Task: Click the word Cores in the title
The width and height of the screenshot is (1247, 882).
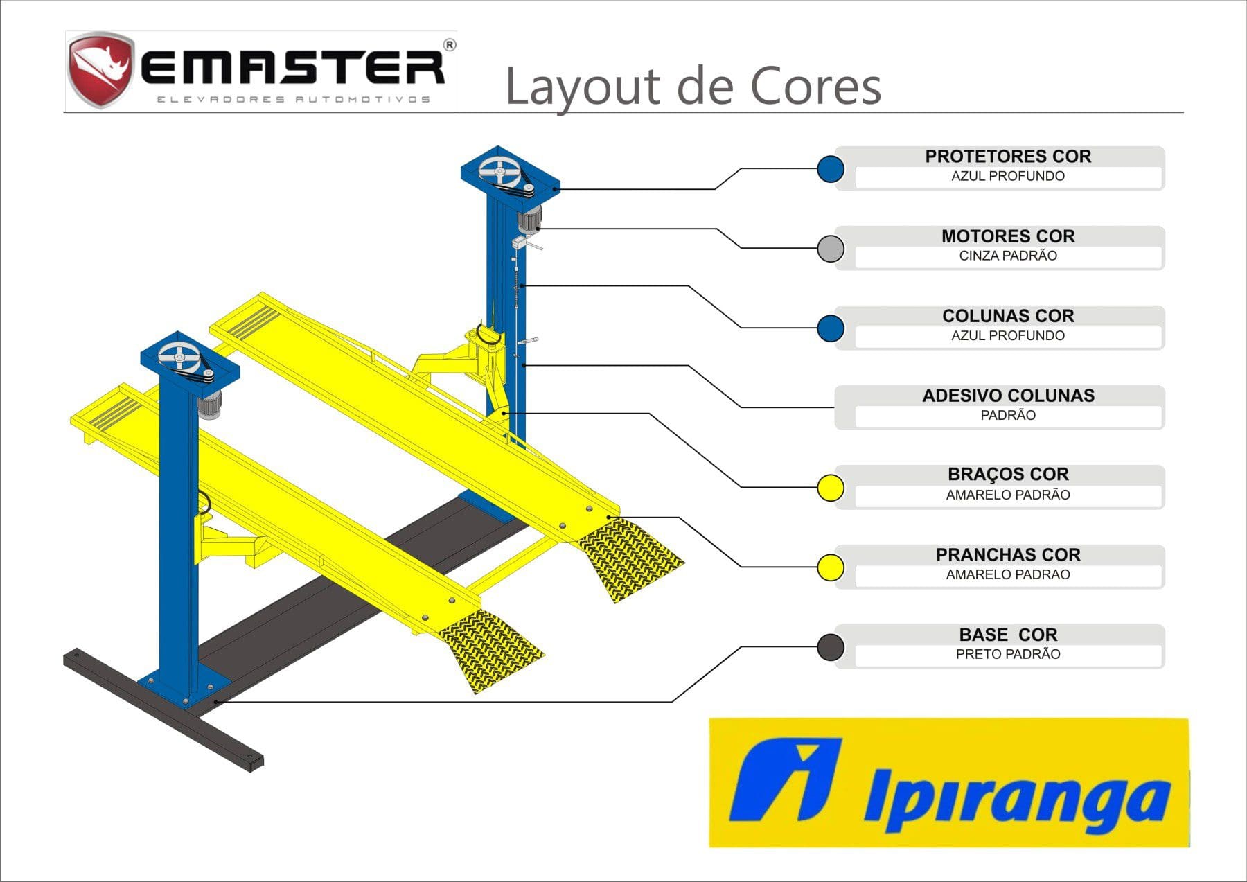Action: coord(815,87)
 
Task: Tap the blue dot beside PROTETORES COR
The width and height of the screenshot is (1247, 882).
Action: coord(830,169)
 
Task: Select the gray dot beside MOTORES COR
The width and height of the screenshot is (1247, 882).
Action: coord(830,248)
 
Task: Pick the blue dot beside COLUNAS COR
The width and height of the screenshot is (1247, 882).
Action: coord(830,328)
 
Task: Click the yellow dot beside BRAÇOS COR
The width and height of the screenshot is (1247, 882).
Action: coord(830,488)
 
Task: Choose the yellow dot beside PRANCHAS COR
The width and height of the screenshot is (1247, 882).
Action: coord(830,567)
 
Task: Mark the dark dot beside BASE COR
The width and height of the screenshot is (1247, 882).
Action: coord(830,647)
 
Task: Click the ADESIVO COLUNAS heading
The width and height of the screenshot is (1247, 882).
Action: coord(1008,396)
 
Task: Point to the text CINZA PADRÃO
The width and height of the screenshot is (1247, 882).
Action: coord(1008,256)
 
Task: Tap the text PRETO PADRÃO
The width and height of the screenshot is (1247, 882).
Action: coord(1008,654)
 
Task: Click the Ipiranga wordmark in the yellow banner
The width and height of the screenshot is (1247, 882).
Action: coord(1017,797)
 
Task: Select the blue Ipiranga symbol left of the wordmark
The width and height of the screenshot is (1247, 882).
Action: coord(786,779)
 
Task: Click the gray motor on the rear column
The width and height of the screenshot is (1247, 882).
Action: coord(530,218)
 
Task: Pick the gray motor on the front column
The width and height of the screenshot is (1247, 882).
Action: coord(209,404)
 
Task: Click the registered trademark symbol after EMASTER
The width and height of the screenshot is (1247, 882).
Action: coord(449,46)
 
